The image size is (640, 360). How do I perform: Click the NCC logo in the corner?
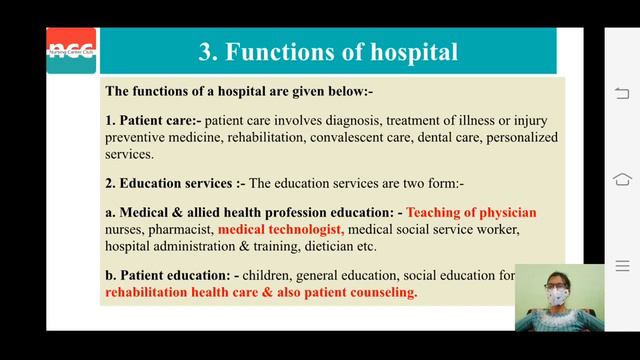click(x=72, y=51)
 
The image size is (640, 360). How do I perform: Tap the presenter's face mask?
click(x=555, y=297)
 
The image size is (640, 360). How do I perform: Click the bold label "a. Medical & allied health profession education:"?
click(x=253, y=212)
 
